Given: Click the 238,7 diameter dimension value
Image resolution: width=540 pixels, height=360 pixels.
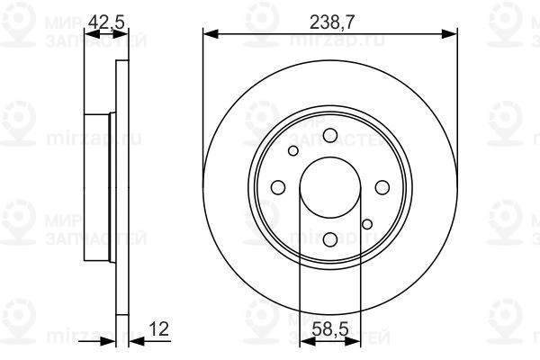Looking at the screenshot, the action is pos(331,22).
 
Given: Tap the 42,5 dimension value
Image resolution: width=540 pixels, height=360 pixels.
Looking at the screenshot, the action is pos(106,22).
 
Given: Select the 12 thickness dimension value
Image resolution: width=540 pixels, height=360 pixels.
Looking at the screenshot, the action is pos(159,329).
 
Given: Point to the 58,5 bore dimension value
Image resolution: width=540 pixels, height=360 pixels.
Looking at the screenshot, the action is pos(330,329).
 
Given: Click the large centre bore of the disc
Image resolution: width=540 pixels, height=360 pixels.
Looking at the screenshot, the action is pos(330,188).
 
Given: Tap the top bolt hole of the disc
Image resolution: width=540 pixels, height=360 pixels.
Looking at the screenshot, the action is pos(330,135).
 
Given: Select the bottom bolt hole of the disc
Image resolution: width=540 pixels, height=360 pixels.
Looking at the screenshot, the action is pos(330,239).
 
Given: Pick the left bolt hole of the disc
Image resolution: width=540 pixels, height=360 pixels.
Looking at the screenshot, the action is pos(278,188).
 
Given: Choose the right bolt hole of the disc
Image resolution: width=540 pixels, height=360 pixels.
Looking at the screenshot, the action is pos(382,188).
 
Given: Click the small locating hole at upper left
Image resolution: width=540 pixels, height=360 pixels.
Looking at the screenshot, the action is pos(293,151).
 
